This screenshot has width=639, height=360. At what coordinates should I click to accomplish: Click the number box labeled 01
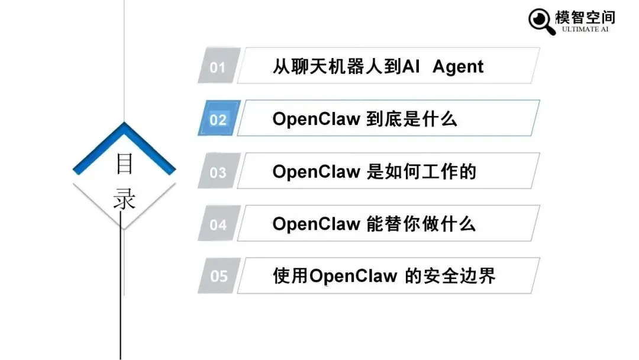click(218, 66)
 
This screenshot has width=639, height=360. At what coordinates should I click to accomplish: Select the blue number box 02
click(218, 119)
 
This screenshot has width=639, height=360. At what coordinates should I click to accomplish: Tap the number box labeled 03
click(218, 172)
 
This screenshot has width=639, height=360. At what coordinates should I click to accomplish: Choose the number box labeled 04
click(218, 224)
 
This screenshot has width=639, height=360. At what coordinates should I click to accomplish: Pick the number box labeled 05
click(218, 276)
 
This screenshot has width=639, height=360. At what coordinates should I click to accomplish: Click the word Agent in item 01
click(458, 66)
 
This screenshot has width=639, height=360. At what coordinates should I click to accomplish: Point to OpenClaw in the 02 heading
click(316, 119)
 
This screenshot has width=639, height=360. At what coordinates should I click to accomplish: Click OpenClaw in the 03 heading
click(316, 172)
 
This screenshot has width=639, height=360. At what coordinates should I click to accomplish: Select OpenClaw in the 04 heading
click(316, 224)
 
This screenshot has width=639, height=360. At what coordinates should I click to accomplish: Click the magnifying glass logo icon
click(541, 20)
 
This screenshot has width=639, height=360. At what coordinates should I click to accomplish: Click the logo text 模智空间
click(585, 16)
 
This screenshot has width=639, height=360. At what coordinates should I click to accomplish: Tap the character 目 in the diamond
click(124, 164)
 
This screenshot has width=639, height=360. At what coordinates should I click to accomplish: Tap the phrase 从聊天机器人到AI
click(346, 66)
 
